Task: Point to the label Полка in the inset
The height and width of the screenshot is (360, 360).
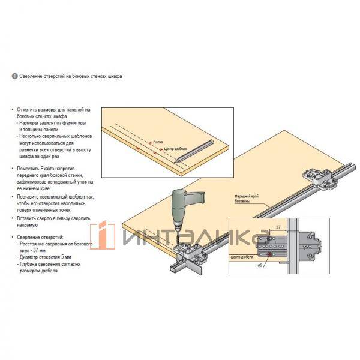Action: tap(158, 142)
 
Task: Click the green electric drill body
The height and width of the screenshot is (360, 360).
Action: tap(181, 205)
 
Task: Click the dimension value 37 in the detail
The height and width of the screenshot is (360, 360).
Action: tap(278, 227)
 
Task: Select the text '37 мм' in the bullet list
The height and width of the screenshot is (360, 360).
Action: tap(40, 251)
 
